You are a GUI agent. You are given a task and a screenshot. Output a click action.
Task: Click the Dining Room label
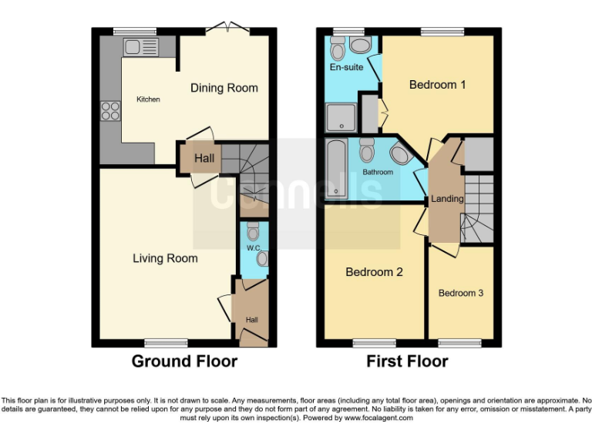224,88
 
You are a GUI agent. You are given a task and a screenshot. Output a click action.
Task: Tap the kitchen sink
140,48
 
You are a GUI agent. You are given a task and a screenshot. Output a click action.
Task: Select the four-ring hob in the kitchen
110,111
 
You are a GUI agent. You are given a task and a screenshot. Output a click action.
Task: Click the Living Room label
164,258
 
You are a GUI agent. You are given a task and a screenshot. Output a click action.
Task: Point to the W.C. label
253,248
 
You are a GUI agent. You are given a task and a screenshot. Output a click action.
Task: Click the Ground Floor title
184,361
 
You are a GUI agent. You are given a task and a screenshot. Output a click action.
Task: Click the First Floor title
407,361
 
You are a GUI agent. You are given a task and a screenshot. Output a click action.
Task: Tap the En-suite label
346,68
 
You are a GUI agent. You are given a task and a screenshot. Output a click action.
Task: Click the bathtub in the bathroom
336,170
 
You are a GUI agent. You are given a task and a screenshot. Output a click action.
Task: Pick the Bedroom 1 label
437,85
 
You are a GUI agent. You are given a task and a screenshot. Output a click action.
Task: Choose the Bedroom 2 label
374,272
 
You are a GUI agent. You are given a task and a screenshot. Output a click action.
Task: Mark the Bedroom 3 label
461,293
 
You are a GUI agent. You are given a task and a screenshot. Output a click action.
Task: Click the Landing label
447,199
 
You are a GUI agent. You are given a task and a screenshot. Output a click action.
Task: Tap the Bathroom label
378,173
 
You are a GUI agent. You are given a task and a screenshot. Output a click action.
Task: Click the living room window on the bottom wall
166,342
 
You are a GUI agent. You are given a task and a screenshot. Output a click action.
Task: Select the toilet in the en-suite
338,49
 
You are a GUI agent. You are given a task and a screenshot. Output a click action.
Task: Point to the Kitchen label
148,99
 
